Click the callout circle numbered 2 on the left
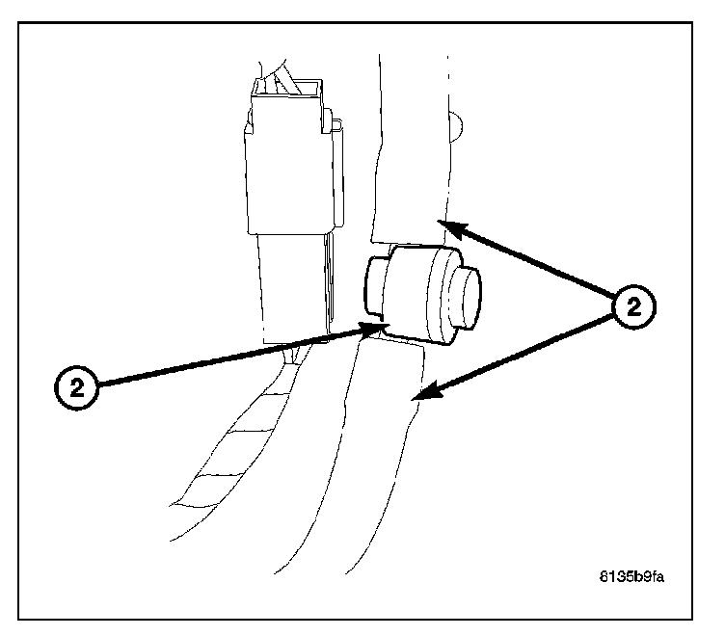(x=76, y=389)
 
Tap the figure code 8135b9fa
(x=631, y=577)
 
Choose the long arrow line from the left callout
(x=231, y=358)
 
